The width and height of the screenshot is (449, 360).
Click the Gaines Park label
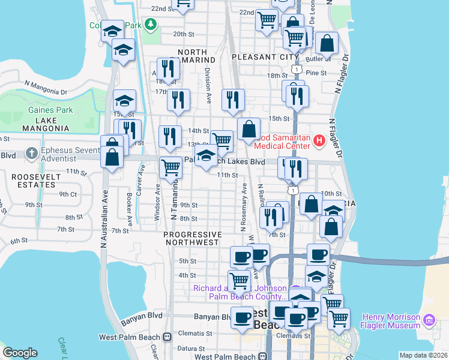point(50,110)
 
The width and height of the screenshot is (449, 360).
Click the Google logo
point(20,352)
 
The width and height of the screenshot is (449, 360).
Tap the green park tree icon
point(151,25)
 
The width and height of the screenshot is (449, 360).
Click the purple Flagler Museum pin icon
point(428,319)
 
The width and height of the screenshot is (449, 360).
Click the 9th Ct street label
point(68,194)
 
